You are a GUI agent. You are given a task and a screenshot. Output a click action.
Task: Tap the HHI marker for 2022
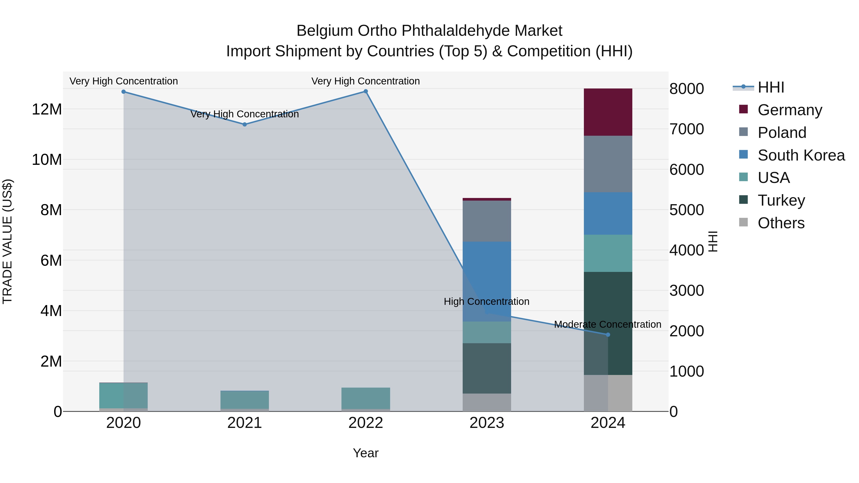(x=366, y=91)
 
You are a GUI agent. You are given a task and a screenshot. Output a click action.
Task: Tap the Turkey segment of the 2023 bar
(x=487, y=368)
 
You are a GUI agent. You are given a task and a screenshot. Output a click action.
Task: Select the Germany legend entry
(x=790, y=110)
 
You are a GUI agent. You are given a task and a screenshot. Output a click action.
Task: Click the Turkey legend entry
(x=781, y=200)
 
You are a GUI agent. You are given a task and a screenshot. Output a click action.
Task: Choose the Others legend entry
(x=781, y=223)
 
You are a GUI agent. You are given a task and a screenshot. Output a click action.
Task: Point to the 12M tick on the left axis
(x=47, y=109)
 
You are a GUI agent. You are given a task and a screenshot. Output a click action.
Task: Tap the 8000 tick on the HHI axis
(x=686, y=89)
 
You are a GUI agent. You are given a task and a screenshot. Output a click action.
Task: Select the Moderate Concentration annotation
(x=607, y=324)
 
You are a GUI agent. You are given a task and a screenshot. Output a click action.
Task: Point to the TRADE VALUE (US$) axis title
(x=8, y=241)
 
